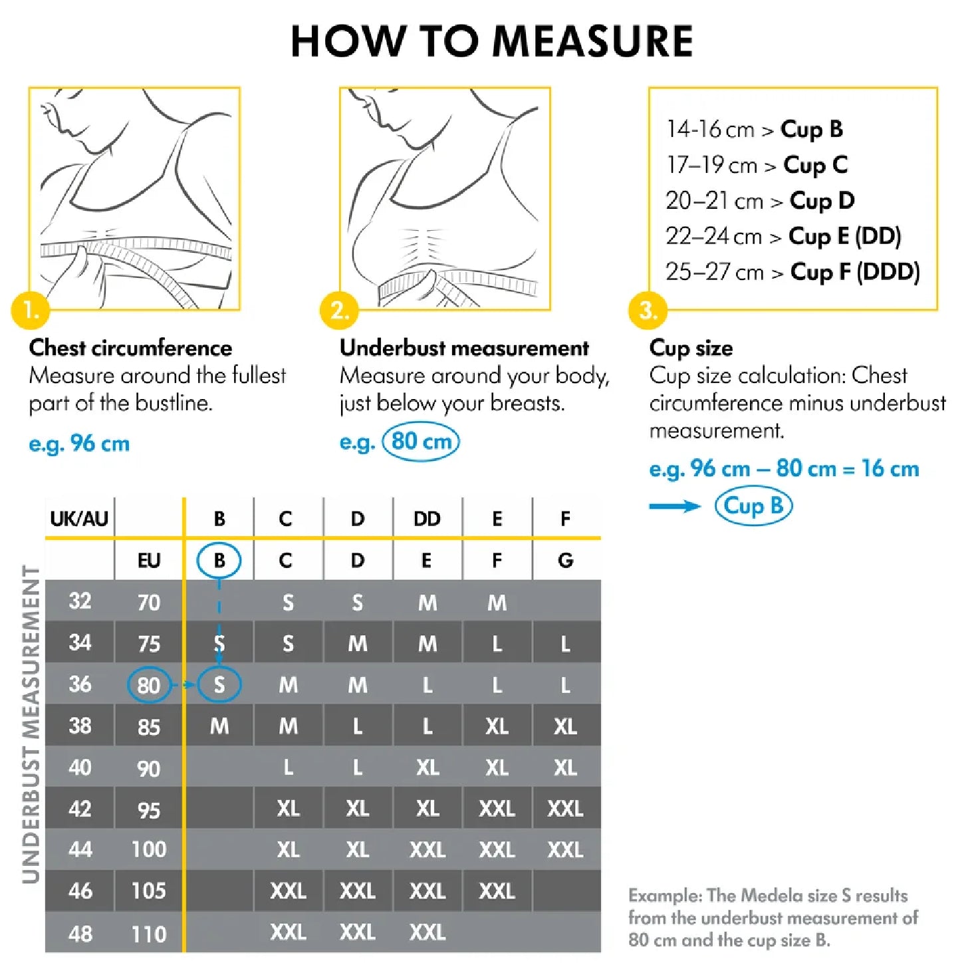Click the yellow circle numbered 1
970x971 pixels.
[30, 311]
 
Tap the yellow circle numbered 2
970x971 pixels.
[339, 311]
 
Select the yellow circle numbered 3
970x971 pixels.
[648, 311]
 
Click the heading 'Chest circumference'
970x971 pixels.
[130, 348]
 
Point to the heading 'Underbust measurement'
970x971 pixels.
[464, 348]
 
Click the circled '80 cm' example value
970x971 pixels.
[421, 442]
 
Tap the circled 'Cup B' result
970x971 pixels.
[753, 506]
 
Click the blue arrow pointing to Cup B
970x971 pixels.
[674, 507]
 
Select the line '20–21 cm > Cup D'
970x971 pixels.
[760, 201]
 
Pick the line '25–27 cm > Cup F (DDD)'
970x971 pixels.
[792, 272]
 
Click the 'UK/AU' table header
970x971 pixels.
[79, 519]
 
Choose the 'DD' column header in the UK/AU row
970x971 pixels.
[427, 519]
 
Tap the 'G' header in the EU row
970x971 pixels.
[565, 561]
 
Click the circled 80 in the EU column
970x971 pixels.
[149, 685]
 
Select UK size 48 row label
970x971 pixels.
[80, 934]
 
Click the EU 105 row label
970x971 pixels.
[149, 891]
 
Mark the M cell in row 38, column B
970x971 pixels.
[219, 726]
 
